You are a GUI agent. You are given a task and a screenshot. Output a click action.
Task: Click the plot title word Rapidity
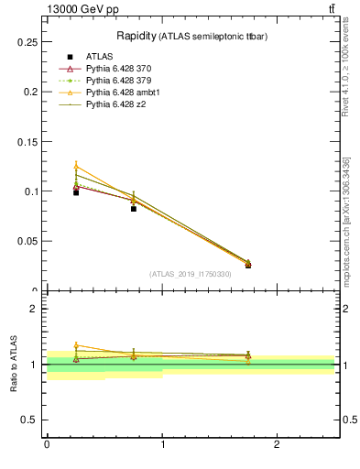(x=136, y=36)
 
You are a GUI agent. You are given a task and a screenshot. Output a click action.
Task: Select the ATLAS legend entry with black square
(x=100, y=57)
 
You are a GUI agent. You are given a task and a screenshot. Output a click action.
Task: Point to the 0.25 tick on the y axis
(x=27, y=42)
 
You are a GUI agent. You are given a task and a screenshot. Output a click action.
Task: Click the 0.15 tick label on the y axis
(x=27, y=142)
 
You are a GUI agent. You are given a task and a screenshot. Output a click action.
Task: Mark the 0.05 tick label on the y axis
(x=27, y=241)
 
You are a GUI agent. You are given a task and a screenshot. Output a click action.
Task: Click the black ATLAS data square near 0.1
(x=76, y=192)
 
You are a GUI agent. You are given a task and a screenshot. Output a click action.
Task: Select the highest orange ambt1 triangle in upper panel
(x=76, y=166)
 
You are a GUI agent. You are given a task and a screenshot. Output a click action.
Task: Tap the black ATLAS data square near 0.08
(x=134, y=209)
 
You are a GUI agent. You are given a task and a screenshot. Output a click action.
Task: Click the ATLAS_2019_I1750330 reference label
(x=191, y=274)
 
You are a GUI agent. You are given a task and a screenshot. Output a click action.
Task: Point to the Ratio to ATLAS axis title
(x=14, y=364)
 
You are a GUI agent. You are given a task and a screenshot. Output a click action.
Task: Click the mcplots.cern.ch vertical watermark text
(x=347, y=220)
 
